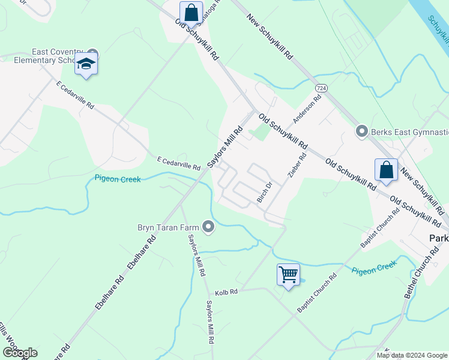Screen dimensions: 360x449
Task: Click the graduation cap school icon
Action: pyautogui.click(x=86, y=64)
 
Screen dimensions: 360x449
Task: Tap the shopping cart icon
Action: pyautogui.click(x=288, y=275)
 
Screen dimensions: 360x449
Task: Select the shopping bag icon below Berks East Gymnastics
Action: pyautogui.click(x=387, y=169)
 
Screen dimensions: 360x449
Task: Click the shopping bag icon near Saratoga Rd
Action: pyautogui.click(x=190, y=12)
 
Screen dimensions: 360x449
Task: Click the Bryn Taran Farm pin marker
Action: pyautogui.click(x=208, y=227)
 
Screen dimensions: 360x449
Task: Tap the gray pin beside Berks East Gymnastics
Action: pyautogui.click(x=361, y=130)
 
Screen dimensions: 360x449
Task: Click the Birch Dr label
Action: pyautogui.click(x=265, y=192)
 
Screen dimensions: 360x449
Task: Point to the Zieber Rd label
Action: pyautogui.click(x=298, y=164)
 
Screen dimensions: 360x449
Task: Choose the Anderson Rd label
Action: pyautogui.click(x=307, y=106)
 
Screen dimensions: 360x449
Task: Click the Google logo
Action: pyautogui.click(x=20, y=353)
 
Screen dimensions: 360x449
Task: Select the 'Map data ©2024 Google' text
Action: pyautogui.click(x=411, y=355)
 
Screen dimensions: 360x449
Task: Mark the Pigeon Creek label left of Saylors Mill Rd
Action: pyautogui.click(x=118, y=179)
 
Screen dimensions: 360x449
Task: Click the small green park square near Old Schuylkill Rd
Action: pyautogui.click(x=260, y=131)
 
